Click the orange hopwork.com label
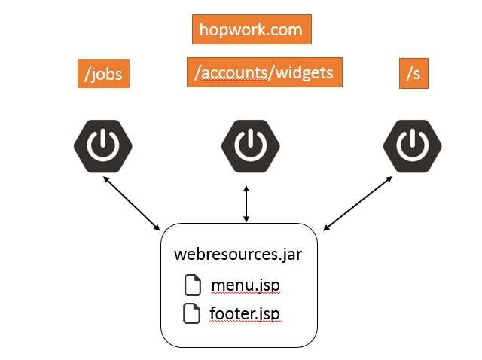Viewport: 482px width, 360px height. coord(251,29)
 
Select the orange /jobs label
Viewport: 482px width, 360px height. coord(104,75)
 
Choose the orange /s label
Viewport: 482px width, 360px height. coord(413,74)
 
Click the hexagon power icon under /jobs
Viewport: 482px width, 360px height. coord(102,145)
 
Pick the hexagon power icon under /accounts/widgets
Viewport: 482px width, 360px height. coord(247,145)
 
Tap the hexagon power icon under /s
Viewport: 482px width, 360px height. coord(412,145)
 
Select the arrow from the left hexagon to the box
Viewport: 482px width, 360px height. coord(132,203)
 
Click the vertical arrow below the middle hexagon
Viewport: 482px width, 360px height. coord(246,203)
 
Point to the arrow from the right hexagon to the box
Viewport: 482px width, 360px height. coord(358,203)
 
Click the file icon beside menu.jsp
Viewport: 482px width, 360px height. coord(194,285)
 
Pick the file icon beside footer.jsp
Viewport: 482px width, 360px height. coord(194,312)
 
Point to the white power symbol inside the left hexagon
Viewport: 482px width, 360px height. coord(102,145)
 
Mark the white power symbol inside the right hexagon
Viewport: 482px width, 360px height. coord(412,145)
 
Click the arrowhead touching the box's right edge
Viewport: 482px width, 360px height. coord(327,227)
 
